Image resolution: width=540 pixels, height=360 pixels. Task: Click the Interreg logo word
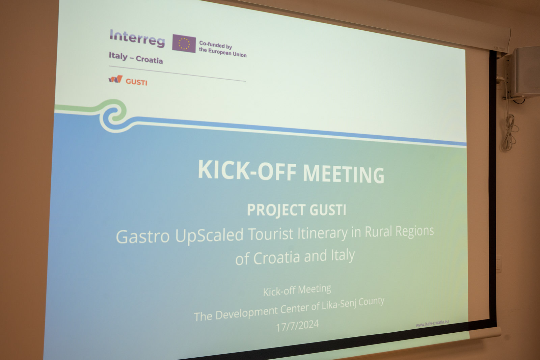(137, 38)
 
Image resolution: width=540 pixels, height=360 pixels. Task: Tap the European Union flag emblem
(184, 44)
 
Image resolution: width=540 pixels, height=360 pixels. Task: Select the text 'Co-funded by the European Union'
(222, 49)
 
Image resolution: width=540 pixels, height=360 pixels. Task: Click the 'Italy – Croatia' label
(136, 58)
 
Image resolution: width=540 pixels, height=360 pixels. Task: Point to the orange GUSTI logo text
(136, 82)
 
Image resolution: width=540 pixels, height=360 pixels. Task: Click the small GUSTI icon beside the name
(115, 79)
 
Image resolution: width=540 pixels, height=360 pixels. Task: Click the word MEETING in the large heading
(343, 174)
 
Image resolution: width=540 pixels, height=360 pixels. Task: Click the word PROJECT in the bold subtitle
(276, 210)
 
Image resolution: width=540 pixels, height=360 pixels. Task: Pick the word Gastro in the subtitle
(143, 237)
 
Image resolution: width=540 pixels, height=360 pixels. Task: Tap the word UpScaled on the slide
(209, 235)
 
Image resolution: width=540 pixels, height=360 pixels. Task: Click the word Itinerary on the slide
(322, 233)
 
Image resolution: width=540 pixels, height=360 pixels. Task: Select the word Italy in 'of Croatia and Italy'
(343, 255)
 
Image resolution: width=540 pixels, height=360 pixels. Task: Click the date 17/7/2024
(297, 326)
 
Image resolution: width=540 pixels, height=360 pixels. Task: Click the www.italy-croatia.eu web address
(432, 323)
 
